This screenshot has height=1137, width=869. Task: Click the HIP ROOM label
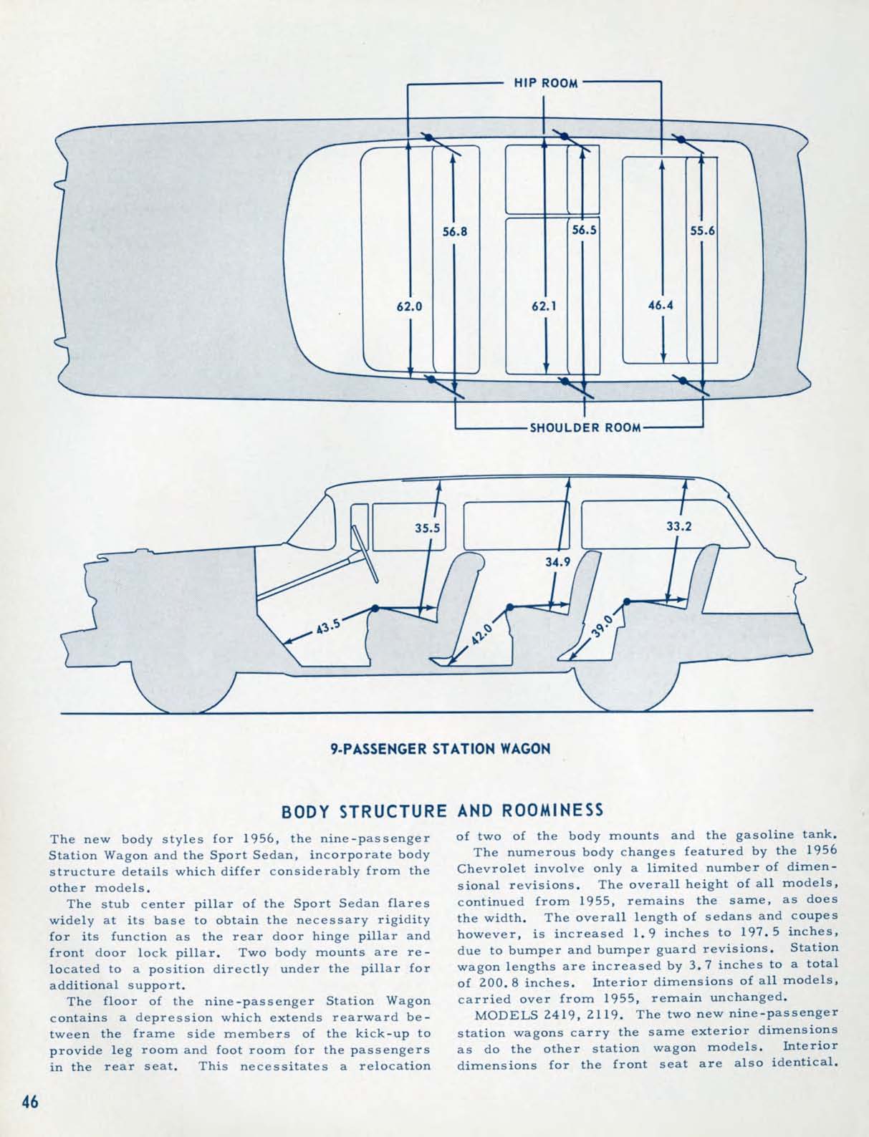click(546, 83)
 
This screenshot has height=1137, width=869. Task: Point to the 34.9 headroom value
click(557, 561)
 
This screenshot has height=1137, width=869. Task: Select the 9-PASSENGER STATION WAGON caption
click(440, 749)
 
